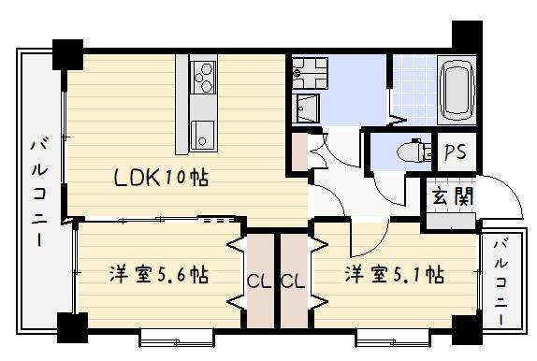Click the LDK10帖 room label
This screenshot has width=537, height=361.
point(161,177)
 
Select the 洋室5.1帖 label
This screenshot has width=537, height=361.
point(394,275)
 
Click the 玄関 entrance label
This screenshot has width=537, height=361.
point(452,196)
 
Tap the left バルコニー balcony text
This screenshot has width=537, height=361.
point(40,193)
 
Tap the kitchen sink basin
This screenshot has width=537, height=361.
point(202,133)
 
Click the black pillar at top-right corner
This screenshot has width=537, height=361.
point(465,34)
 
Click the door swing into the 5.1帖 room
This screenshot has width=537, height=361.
point(367,241)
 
